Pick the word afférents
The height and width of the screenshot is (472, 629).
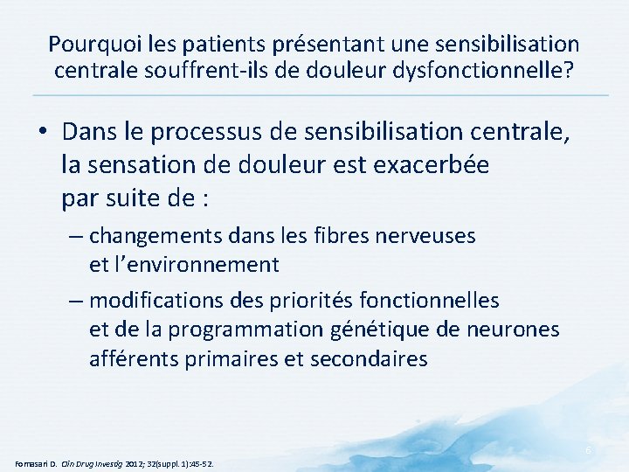129,358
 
